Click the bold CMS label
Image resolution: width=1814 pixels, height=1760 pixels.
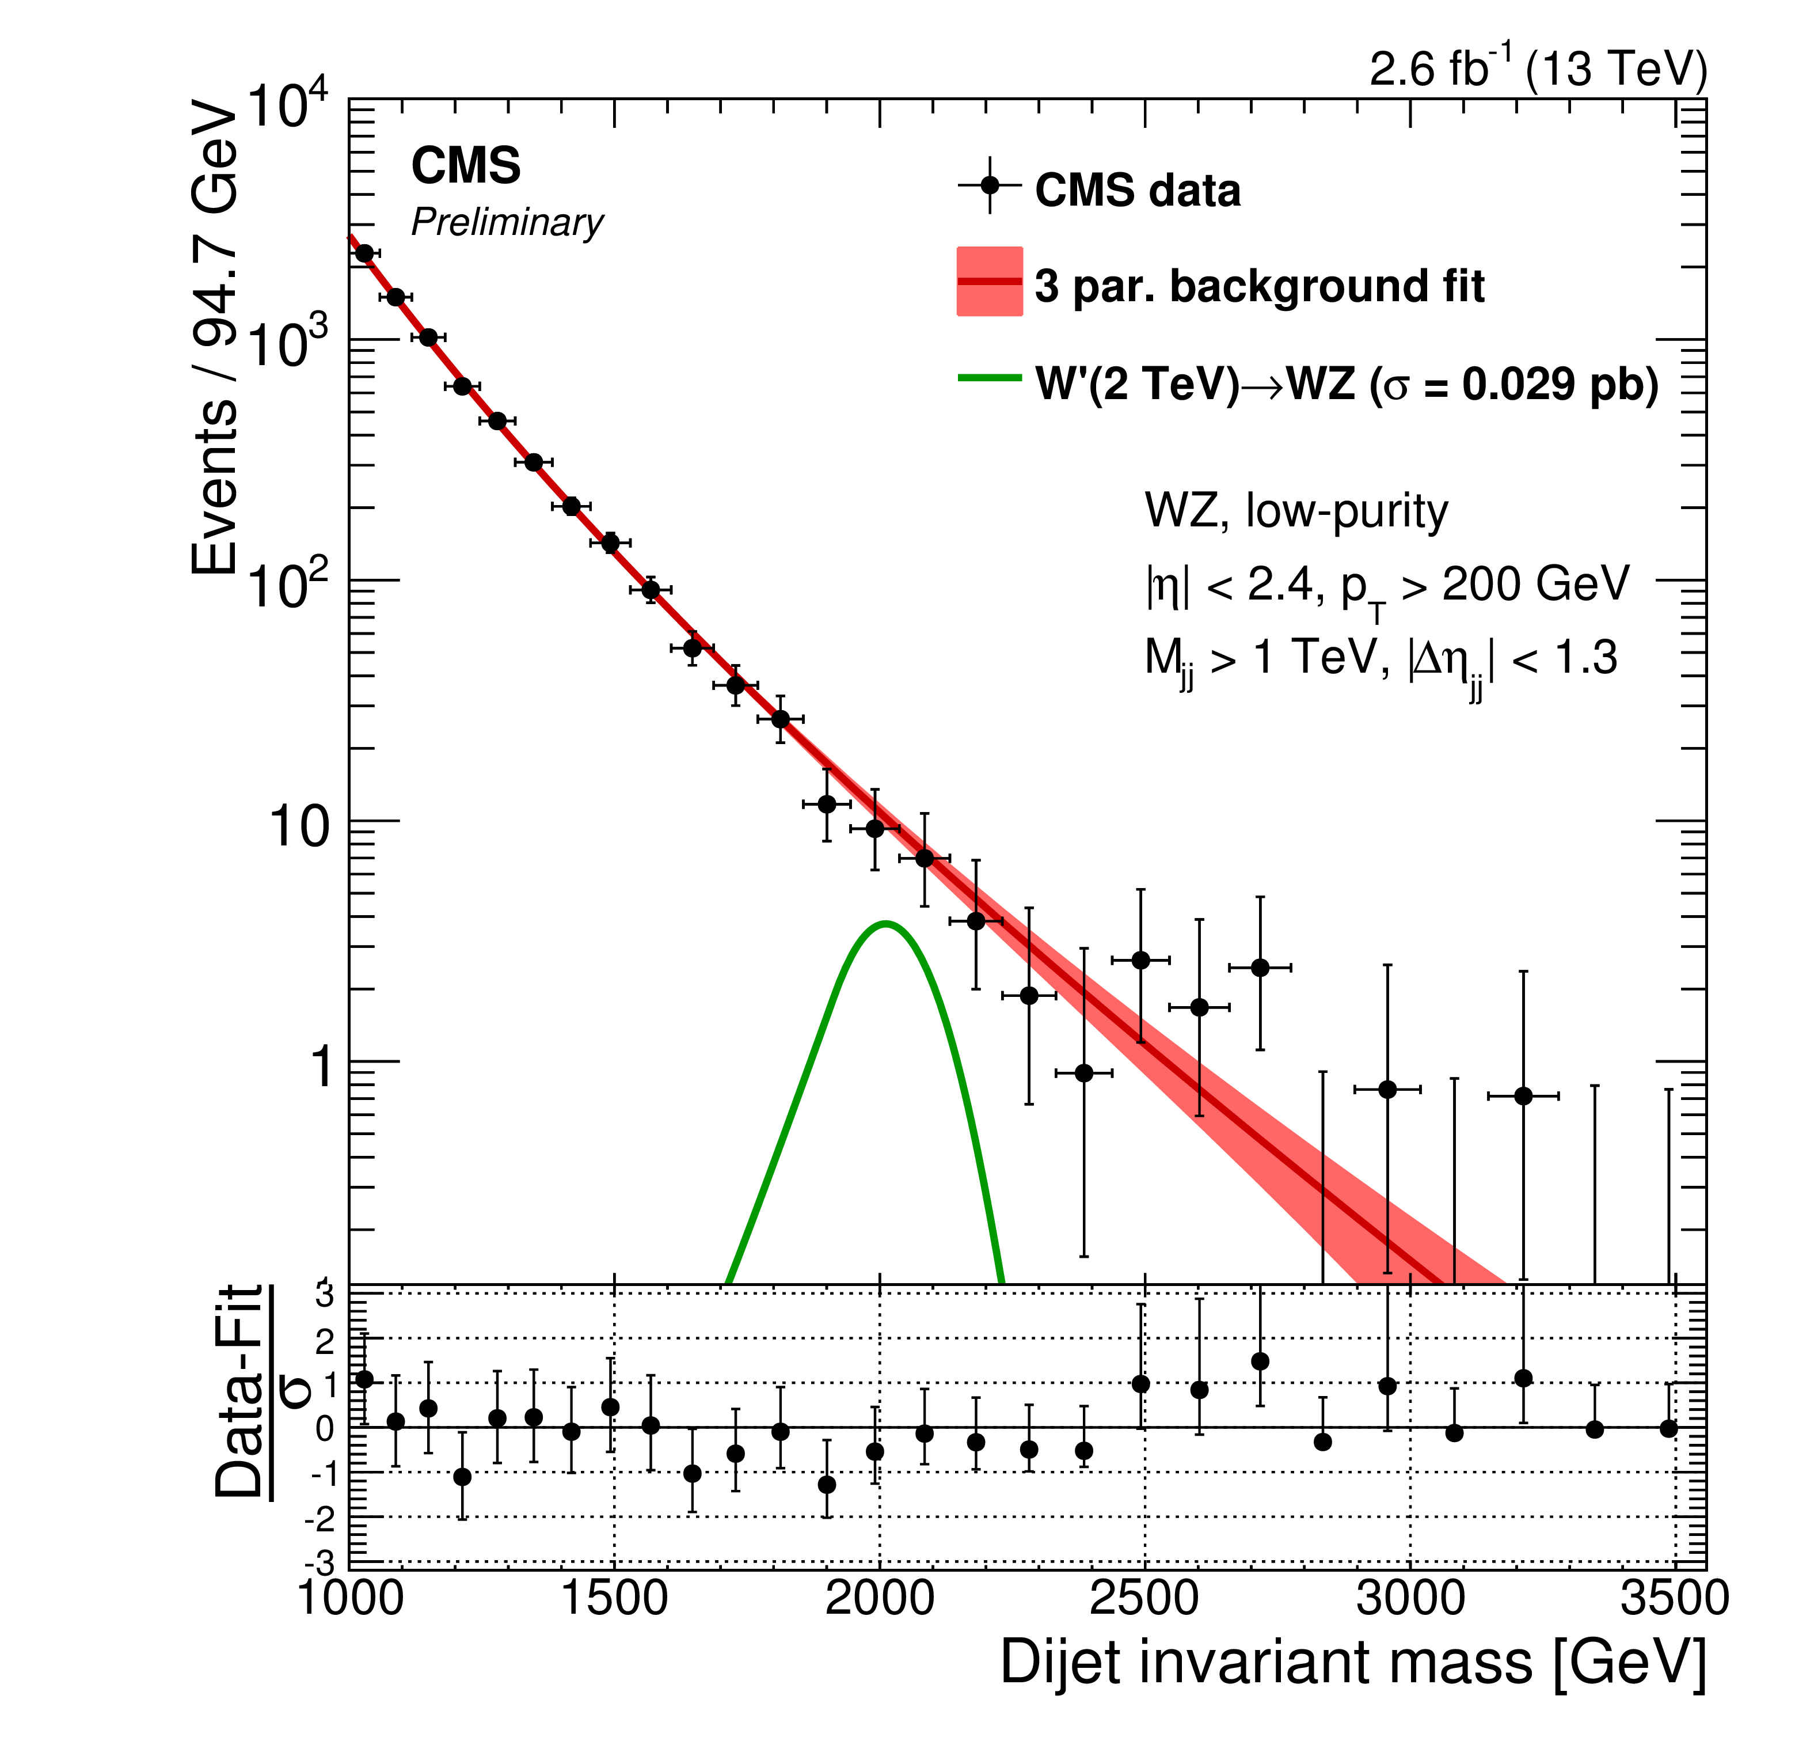pyautogui.click(x=466, y=166)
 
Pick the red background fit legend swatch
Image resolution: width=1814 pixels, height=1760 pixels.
pyautogui.click(x=990, y=282)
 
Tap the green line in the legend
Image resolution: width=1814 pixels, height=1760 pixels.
pyautogui.click(x=990, y=378)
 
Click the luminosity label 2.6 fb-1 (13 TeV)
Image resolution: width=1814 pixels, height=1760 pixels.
pyautogui.click(x=1537, y=70)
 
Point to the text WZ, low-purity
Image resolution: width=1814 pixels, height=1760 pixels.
pyautogui.click(x=1296, y=511)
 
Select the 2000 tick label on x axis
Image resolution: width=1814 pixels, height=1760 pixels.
pyautogui.click(x=879, y=1597)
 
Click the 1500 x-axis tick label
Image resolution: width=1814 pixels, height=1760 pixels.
pyautogui.click(x=614, y=1597)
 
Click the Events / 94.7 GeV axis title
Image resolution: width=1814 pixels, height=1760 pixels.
pyautogui.click(x=215, y=339)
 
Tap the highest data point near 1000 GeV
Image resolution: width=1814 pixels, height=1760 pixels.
pyautogui.click(x=364, y=253)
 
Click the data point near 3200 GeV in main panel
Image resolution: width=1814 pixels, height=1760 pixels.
pyautogui.click(x=1523, y=1096)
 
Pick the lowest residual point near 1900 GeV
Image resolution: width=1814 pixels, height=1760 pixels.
pyautogui.click(x=827, y=1485)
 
